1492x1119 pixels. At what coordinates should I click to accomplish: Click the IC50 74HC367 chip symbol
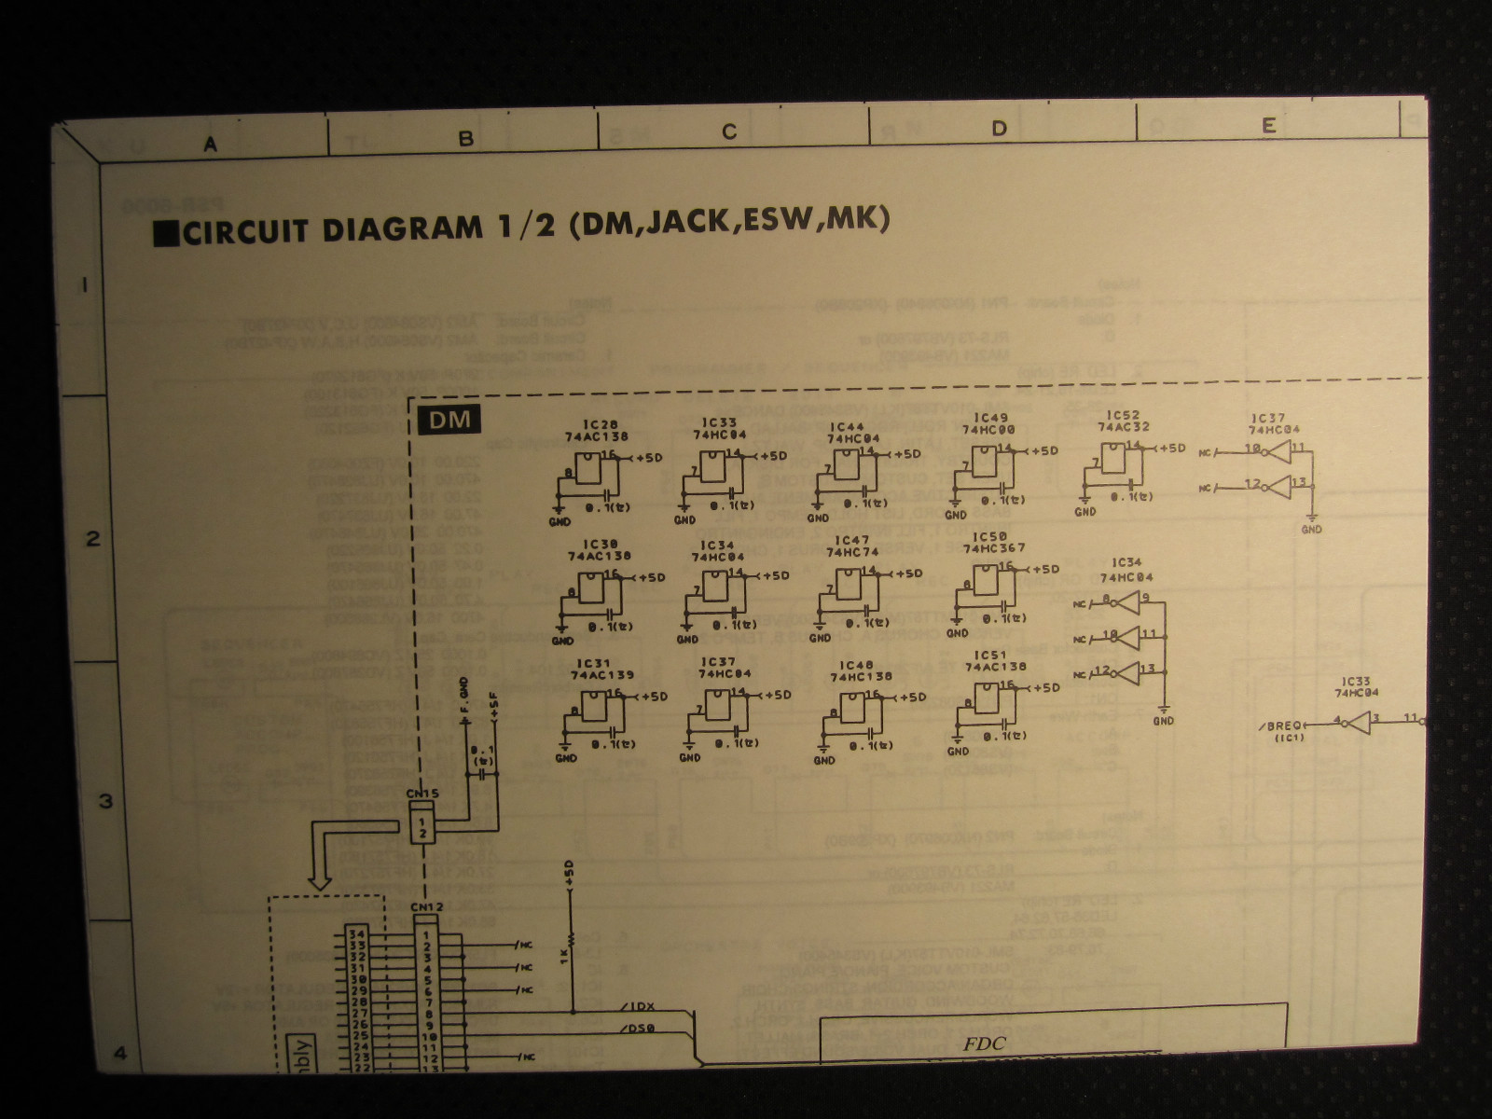986,582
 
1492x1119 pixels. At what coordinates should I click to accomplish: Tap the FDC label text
985,1043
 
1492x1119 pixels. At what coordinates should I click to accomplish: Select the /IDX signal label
637,1004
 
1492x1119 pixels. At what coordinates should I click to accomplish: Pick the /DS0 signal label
637,1029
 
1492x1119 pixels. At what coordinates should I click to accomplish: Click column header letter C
729,132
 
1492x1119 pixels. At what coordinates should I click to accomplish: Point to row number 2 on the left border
92,538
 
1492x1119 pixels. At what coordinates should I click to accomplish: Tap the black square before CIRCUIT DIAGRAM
165,233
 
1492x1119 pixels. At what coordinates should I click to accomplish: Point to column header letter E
1268,127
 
